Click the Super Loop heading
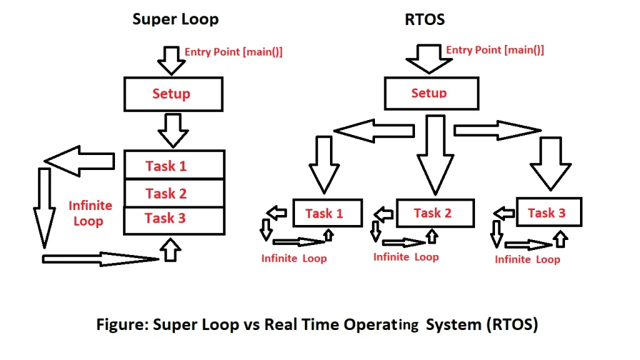pos(176,19)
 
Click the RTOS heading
pos(425,19)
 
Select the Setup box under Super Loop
pos(173,94)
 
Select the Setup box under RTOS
pos(430,94)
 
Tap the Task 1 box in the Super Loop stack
pos(174,166)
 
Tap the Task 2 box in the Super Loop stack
pos(174,193)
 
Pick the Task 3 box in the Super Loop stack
pos(174,219)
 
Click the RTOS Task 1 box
pos(327,213)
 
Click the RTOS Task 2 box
pos(435,213)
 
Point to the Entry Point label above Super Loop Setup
pos(233,52)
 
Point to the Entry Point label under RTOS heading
pos(494,49)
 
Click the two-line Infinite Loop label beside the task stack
pos(90,213)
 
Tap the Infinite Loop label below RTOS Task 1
pos(294,258)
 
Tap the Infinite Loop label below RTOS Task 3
pos(527,259)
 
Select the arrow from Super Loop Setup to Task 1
pos(173,129)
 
